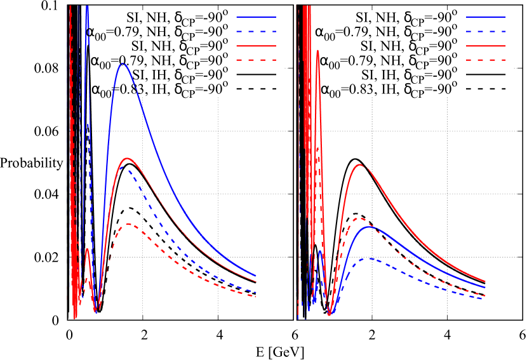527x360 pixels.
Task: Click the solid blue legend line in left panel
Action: tap(256, 17)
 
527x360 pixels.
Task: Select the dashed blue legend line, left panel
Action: tap(256, 31)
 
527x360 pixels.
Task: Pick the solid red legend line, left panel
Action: tap(256, 46)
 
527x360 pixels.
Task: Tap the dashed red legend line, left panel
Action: tap(256, 60)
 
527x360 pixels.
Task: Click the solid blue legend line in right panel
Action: tap(486, 17)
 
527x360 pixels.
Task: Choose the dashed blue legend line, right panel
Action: tap(486, 31)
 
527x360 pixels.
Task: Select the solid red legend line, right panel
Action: tap(486, 46)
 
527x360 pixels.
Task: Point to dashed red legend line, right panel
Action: tap(486, 60)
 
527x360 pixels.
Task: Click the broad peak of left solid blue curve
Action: tap(123, 64)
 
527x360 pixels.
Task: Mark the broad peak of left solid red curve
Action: tap(128, 158)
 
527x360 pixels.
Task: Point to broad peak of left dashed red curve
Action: tap(129, 223)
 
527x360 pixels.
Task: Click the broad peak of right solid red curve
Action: tap(360, 164)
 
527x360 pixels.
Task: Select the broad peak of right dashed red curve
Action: tap(359, 218)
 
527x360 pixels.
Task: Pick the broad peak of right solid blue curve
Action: tap(369, 227)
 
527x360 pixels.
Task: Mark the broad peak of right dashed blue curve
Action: tap(368, 258)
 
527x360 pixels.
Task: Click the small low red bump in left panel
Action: tap(87, 250)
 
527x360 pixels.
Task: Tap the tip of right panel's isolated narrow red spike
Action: tap(317, 51)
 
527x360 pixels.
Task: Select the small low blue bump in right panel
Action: tap(321, 252)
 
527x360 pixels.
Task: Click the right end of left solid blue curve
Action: tap(256, 275)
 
